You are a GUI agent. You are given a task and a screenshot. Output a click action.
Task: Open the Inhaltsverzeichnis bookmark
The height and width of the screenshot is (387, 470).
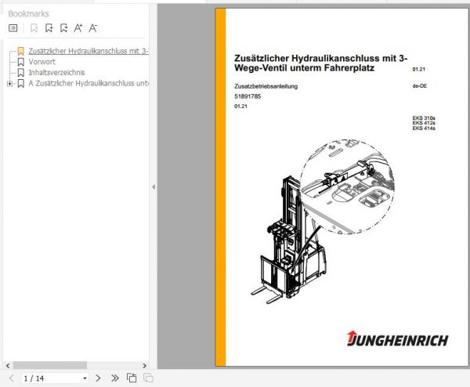click(56, 73)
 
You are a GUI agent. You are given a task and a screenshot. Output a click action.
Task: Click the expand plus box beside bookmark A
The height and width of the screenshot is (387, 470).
click(9, 84)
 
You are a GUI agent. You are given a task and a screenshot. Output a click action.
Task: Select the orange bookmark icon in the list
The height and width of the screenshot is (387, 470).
click(21, 51)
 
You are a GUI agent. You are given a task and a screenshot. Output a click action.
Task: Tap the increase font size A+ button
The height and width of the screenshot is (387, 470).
click(78, 28)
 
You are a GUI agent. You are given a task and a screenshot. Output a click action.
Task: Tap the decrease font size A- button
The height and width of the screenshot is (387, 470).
click(93, 28)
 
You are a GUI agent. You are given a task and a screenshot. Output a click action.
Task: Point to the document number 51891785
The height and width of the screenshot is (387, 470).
click(247, 96)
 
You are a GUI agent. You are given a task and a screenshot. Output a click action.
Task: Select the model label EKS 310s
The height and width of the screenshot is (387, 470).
click(423, 119)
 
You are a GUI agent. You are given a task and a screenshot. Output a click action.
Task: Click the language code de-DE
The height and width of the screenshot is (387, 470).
click(420, 85)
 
